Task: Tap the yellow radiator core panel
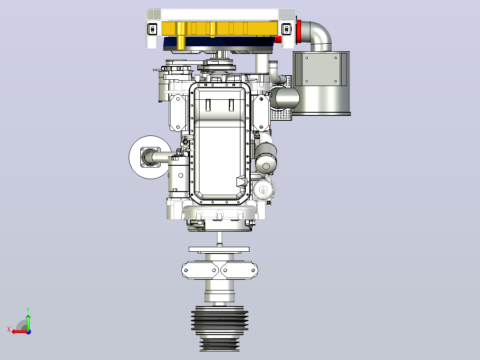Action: [x=220, y=28]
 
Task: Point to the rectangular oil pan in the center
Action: [x=220, y=143]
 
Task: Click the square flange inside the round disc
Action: [x=151, y=157]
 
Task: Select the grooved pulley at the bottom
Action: [x=220, y=328]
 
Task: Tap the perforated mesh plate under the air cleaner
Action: [x=281, y=115]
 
